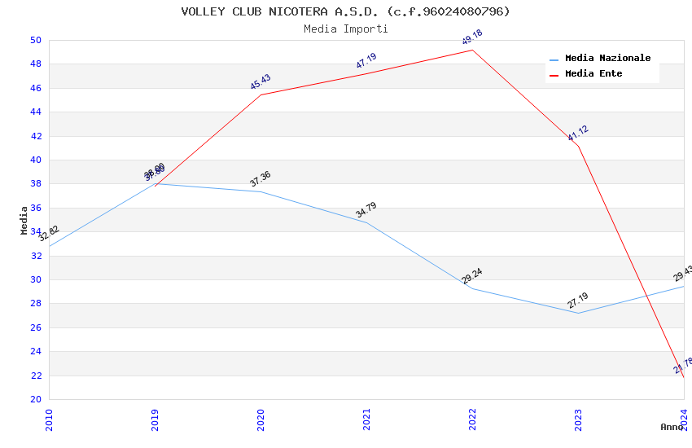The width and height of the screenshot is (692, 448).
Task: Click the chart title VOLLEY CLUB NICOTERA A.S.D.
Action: point(345,11)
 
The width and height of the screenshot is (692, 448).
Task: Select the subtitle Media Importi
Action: point(345,29)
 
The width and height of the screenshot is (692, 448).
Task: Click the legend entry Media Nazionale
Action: point(607,58)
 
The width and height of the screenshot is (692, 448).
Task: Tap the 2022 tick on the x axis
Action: point(472,415)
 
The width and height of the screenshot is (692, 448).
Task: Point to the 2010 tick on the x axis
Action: point(49,415)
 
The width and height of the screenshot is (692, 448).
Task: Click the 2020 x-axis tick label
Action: point(261,415)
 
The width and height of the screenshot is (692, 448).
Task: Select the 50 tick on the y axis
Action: point(36,40)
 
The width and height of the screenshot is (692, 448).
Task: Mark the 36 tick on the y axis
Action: point(36,208)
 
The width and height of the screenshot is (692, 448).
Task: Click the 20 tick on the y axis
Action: point(36,399)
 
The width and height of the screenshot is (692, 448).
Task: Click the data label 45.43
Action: point(261,81)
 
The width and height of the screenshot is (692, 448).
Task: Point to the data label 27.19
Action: point(578,300)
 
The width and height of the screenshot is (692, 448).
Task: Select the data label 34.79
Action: point(366,210)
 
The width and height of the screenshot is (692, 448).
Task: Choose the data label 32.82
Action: point(50,233)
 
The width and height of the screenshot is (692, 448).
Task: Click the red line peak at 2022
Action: point(472,50)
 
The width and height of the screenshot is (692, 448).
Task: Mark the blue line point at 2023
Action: point(578,313)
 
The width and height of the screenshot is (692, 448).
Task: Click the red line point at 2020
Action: point(261,94)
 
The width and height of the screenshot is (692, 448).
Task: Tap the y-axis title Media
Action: point(24,220)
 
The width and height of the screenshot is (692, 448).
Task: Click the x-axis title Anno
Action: point(672,427)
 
